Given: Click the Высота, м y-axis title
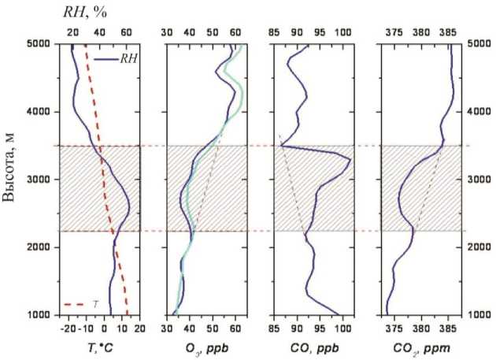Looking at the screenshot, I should pyautogui.click(x=13, y=180).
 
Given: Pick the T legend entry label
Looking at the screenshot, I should pyautogui.click(x=95, y=303).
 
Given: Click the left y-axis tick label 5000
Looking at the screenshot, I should pyautogui.click(x=40, y=44).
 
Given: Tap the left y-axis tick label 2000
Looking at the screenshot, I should pyautogui.click(x=40, y=247).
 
